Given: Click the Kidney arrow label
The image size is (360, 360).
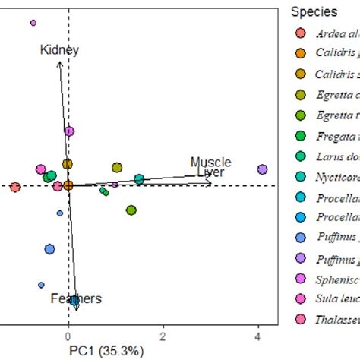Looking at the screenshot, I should click(59, 50).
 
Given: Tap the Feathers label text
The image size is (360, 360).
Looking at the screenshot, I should click(76, 298).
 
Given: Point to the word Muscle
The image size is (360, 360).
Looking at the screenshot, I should click(210, 163).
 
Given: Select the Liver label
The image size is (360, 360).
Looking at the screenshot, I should click(210, 173).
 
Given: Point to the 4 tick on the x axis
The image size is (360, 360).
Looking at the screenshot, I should click(258, 335).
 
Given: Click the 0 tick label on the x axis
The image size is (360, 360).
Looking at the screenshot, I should click(68, 335).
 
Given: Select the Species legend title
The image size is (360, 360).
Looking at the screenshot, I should click(314, 13).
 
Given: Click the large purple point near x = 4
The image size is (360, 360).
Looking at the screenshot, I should click(263, 169).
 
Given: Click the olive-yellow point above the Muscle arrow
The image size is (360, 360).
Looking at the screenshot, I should click(117, 167).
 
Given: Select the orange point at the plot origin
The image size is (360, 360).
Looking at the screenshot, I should click(68, 185).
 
